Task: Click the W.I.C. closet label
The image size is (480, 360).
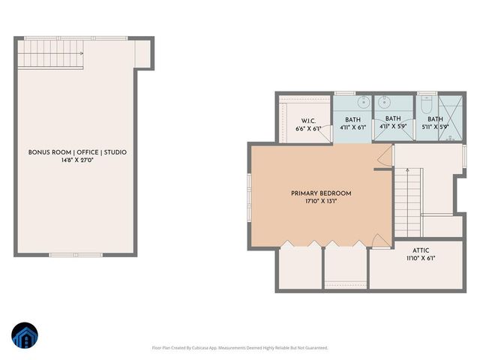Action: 307,121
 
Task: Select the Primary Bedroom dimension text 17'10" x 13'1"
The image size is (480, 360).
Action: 321,202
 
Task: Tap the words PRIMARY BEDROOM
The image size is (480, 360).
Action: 321,193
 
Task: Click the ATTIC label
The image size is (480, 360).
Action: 421,250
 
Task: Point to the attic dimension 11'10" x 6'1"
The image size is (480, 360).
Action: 421,259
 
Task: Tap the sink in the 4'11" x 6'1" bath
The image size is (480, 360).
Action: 363,102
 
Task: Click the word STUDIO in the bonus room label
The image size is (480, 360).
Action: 114,152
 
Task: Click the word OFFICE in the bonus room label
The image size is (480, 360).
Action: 85,152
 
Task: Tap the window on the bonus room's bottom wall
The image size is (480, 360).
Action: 75,255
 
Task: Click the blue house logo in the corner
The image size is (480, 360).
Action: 24,337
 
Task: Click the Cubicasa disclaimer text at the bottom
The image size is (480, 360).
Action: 241,348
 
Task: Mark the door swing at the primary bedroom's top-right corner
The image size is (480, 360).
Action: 382,156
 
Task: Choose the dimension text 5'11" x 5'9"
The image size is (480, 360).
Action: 435,127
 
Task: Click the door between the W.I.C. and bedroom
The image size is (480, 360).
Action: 318,137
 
